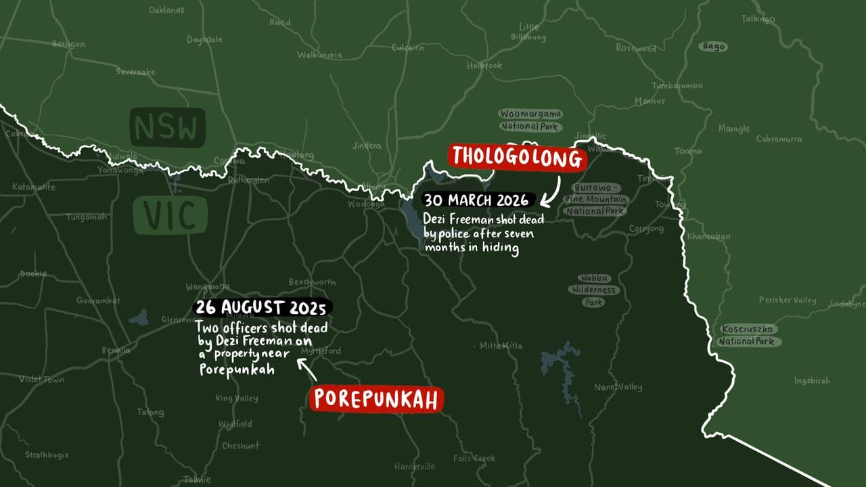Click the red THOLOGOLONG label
coord(516,157)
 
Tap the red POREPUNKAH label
coord(377,400)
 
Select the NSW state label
coord(166,127)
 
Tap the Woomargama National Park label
coord(530,120)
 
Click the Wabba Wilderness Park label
coord(596,290)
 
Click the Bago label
coord(713,47)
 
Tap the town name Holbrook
coord(484,66)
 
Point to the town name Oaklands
coord(166,10)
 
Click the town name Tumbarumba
coord(677,86)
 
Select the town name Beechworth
coord(312,282)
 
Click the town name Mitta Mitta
coord(501,346)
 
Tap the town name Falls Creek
coord(474,458)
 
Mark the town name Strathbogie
coord(47,455)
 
